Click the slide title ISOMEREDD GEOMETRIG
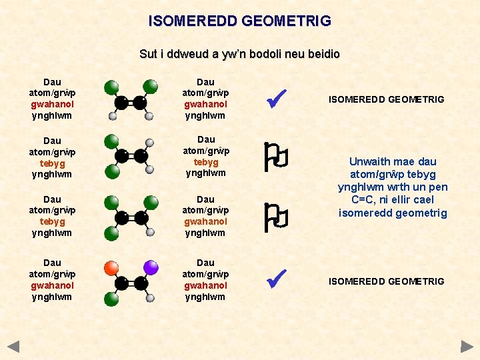[x=239, y=21]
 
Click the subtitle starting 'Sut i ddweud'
[x=239, y=53]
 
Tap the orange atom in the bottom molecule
[x=112, y=268]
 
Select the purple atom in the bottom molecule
[x=151, y=268]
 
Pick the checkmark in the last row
[x=275, y=279]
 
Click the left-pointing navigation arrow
[x=13, y=347]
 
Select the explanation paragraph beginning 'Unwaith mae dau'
[x=393, y=187]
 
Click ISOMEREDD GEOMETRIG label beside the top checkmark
[x=386, y=99]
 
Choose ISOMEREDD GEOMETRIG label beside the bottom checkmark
[x=386, y=281]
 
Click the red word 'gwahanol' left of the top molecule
[x=52, y=105]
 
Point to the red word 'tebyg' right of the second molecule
[x=206, y=162]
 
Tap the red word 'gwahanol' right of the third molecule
[x=206, y=221]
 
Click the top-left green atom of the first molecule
[x=112, y=87]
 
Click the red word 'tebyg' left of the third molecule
[x=52, y=221]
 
